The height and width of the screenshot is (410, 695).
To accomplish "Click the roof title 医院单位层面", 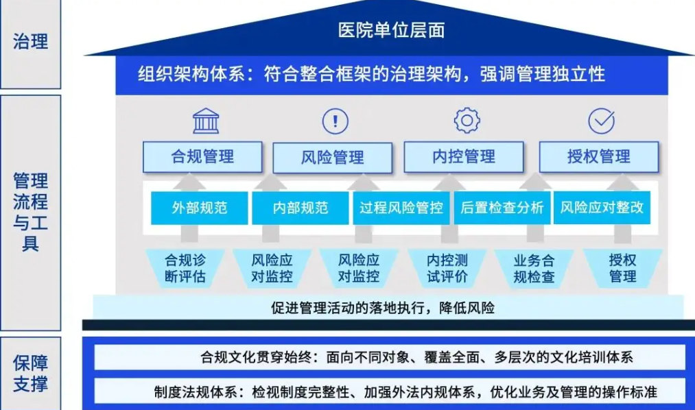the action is pos(391,30).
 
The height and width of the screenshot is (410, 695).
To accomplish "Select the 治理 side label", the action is pos(31,42).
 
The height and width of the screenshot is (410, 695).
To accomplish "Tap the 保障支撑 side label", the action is pos(31,373).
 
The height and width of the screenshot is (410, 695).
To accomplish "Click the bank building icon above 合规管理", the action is pos(206,121).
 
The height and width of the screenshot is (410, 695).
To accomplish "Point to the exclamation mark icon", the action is pos(335,121).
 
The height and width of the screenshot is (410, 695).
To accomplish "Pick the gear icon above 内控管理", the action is pos(467,120).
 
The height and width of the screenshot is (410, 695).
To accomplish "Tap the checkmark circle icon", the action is pos(602,121).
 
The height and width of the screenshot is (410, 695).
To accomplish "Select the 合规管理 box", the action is pos(202,157).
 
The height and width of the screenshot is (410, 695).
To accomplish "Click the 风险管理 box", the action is pos(333,157).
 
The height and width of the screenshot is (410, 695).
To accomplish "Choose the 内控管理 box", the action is pos(464,157).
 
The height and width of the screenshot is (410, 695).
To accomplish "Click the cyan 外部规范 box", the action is pos(200,208).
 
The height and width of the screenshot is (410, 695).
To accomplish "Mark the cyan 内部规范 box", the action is pos(301,208).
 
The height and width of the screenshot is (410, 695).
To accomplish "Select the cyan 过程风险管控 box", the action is pos(401,208).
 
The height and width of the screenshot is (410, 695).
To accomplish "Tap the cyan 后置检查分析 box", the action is pos(502,208).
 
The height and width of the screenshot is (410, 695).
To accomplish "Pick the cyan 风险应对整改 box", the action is pos(602,208).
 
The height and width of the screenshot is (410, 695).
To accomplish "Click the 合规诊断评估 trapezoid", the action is pos(185,268).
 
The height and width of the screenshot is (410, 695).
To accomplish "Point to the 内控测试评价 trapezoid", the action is pos(447,268).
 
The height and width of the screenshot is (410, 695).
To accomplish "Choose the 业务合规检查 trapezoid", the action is pos(534,269).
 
